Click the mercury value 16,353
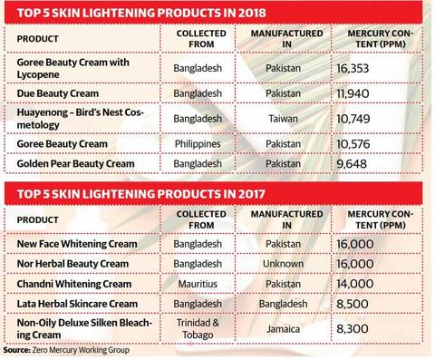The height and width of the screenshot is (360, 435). coord(353,68)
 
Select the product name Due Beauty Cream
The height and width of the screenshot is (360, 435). coord(58,93)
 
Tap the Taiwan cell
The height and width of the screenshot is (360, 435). coord(283,119)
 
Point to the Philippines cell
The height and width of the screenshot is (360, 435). coord(198,144)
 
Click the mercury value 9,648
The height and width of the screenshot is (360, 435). coord(352,164)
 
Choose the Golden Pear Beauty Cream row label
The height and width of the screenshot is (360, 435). coord(75,163)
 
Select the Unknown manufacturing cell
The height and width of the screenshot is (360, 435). coord(283,264)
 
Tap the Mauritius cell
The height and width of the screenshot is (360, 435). coord(198,284)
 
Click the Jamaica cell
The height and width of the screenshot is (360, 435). coord(283,329)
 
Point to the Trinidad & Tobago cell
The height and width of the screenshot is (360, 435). coord(198,329)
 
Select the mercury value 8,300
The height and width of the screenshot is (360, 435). coord(353,329)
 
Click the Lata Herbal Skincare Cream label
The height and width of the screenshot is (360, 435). coord(77,304)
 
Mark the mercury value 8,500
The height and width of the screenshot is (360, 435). coord(353,304)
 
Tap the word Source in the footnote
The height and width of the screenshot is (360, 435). coord(16,350)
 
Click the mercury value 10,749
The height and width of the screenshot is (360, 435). coord(353,119)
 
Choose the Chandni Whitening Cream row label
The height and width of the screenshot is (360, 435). coord(74,284)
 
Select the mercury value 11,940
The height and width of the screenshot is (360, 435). coord(353,93)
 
